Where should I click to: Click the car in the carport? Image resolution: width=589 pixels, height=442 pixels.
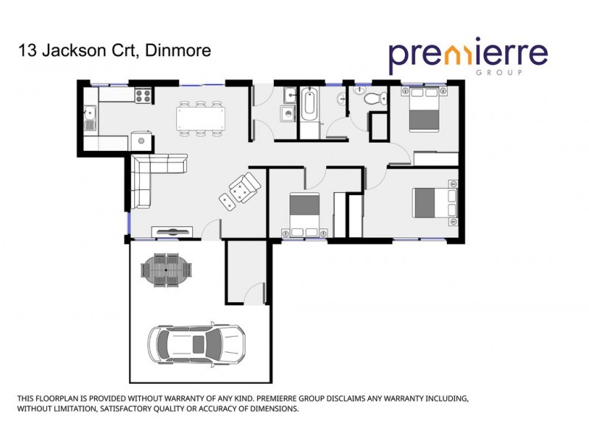[x=197, y=343]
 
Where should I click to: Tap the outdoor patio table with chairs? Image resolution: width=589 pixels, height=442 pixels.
[x=169, y=270]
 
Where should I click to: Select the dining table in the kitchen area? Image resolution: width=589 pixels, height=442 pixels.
[x=200, y=118]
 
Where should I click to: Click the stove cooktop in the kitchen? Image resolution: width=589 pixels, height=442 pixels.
[x=142, y=95]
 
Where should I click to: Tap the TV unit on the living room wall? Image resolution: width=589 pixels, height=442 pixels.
[x=174, y=231]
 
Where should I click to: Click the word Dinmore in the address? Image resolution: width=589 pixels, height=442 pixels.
[x=178, y=51]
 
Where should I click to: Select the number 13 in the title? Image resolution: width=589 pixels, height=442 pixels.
[x=27, y=51]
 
